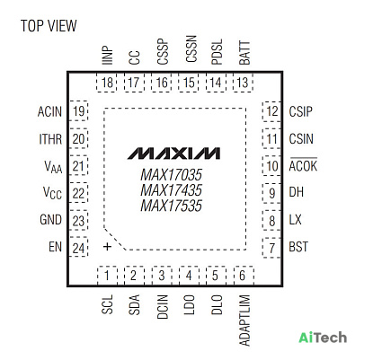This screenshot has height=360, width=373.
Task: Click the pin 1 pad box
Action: click(107, 276)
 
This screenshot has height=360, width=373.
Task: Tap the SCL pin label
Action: click(107, 304)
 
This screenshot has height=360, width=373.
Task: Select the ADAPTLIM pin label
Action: click(244, 320)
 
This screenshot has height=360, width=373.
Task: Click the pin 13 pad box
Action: click(243, 83)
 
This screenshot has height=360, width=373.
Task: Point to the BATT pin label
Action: click(244, 53)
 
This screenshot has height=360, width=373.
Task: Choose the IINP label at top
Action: click(107, 56)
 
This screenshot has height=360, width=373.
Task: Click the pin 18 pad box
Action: click(107, 83)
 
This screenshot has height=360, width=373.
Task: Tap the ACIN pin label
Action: click(49, 111)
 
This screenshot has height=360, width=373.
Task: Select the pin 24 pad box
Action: click(78, 247)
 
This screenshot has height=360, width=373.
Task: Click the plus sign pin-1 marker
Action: click(107, 247)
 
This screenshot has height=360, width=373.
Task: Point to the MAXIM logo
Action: click(174, 154)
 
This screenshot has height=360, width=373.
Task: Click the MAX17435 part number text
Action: click(171, 190)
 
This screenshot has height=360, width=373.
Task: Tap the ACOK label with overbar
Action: click(303, 165)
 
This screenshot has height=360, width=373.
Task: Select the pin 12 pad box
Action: click(271, 111)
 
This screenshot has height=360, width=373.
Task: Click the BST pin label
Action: click(298, 247)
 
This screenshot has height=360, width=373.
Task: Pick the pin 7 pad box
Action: click(271, 248)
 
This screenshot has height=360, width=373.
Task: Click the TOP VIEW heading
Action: click(49, 26)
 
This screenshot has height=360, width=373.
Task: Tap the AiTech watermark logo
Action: click(323, 338)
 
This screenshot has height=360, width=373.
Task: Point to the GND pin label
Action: click(50, 220)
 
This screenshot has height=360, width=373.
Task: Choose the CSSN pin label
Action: click(191, 48)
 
